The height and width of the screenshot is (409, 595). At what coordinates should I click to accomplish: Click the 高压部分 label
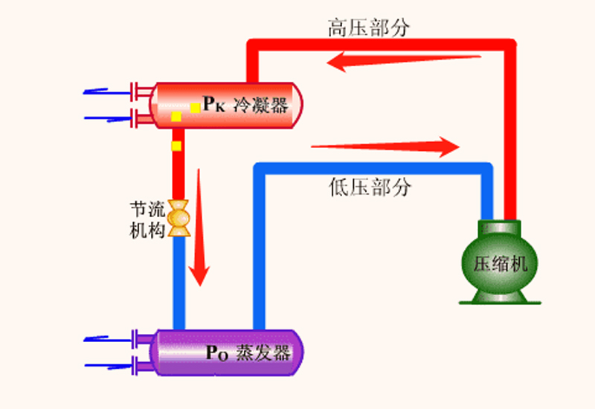[369, 28]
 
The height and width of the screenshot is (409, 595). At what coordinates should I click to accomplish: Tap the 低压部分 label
[369, 187]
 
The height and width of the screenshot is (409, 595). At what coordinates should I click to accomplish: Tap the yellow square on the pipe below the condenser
[177, 145]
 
